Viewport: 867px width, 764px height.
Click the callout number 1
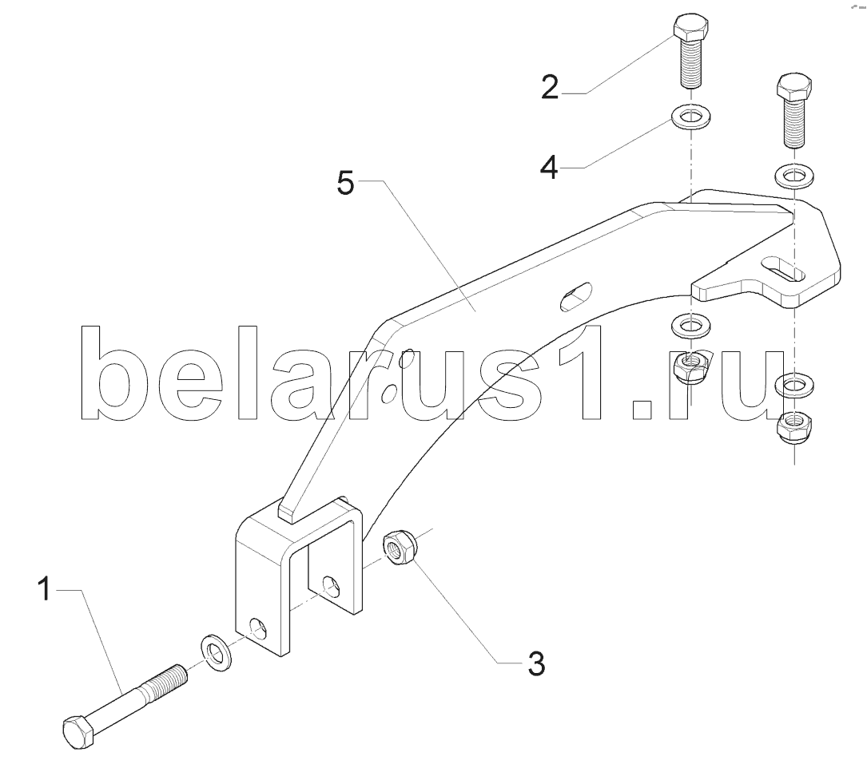(x=44, y=588)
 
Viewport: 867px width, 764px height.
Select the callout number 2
(x=550, y=87)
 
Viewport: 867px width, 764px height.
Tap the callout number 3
(x=536, y=663)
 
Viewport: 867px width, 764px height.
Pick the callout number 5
(x=345, y=183)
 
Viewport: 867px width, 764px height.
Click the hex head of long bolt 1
(x=80, y=732)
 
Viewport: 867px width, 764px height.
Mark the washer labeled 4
(x=690, y=117)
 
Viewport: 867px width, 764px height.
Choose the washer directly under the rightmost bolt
(x=794, y=176)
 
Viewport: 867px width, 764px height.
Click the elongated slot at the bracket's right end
(x=784, y=268)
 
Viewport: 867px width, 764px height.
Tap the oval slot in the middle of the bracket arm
(x=576, y=297)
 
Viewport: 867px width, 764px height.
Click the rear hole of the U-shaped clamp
(x=331, y=587)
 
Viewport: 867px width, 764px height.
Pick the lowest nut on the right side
(x=793, y=426)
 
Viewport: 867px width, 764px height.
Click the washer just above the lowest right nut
(x=794, y=385)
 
